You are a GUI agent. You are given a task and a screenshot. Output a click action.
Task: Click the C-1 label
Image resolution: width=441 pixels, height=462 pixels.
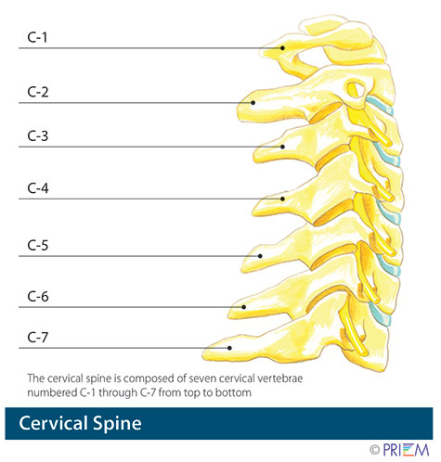(38, 38)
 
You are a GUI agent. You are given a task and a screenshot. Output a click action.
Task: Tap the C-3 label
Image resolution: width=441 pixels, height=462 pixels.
(38, 137)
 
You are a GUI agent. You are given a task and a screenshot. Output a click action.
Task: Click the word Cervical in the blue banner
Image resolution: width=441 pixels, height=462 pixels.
(63, 425)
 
